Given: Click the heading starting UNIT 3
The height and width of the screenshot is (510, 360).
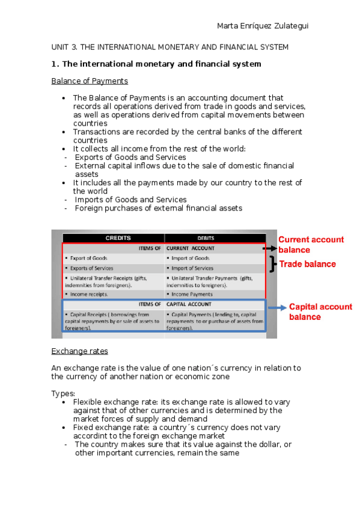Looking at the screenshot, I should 170,47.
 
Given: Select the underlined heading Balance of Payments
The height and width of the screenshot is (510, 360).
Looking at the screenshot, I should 90,81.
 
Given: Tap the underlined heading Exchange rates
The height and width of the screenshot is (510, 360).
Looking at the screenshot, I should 79,351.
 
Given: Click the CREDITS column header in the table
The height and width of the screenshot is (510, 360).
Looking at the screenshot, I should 114,238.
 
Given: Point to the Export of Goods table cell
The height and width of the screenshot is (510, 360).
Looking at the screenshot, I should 88,258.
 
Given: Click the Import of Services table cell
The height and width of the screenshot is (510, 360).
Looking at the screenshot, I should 192,268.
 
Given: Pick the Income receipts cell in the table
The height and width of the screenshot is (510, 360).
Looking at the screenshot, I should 89,294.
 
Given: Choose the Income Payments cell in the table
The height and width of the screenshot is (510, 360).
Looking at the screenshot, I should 192,294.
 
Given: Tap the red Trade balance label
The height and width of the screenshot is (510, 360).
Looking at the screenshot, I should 306,264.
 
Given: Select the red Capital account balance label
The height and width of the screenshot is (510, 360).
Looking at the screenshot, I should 320,312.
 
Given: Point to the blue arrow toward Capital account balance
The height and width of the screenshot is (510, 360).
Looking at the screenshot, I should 276,307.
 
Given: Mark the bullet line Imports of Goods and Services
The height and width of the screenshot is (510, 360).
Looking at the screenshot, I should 130,200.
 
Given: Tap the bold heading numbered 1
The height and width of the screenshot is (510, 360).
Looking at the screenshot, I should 156,64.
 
